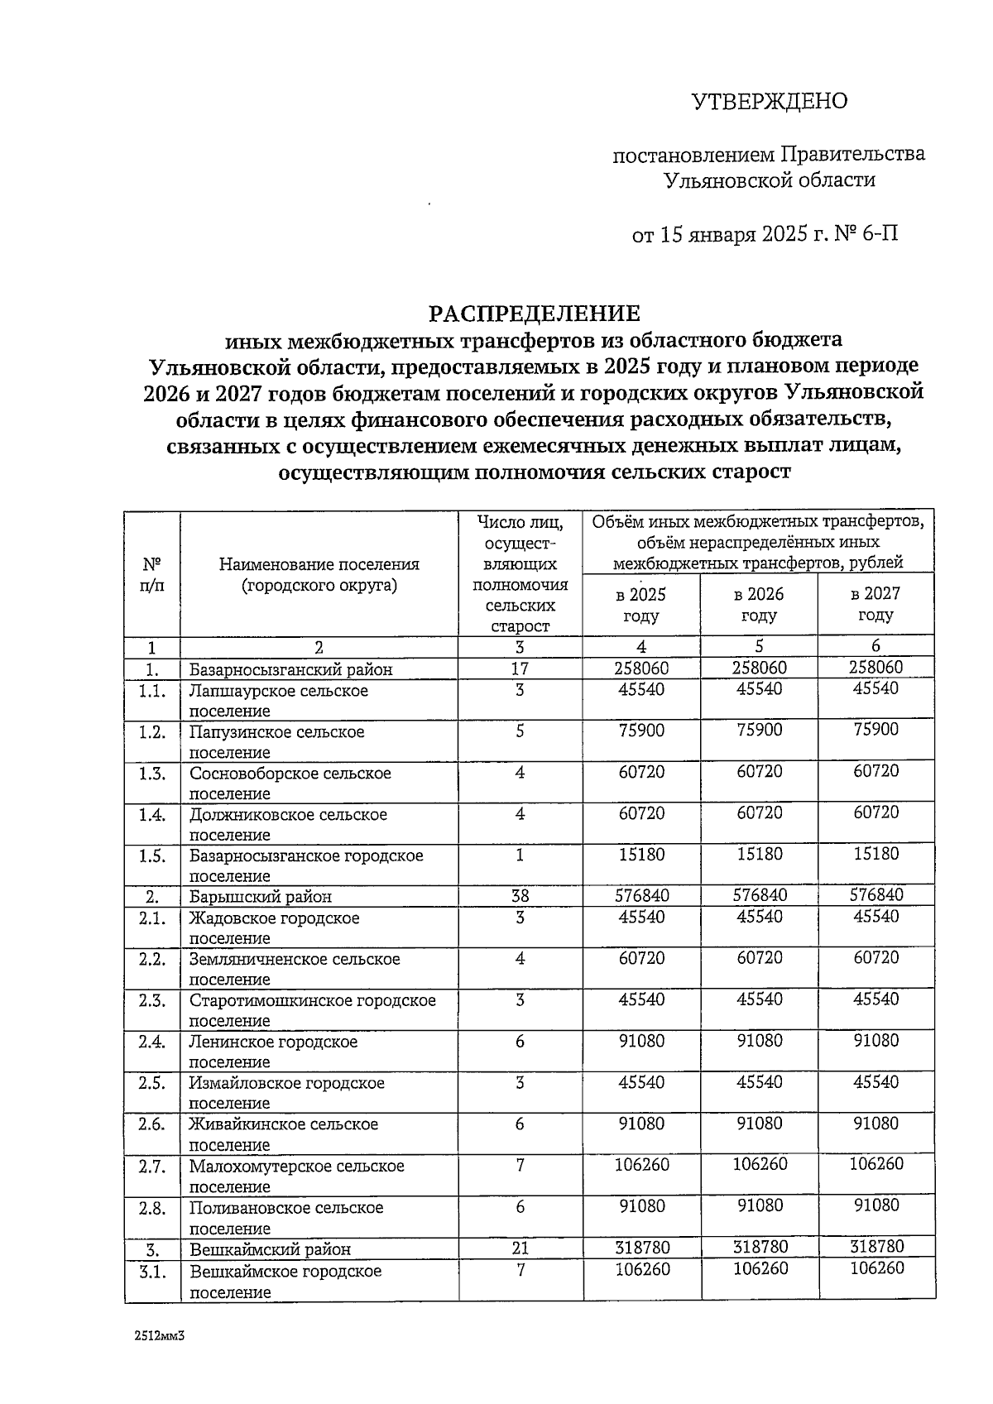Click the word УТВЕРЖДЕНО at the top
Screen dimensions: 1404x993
[770, 102]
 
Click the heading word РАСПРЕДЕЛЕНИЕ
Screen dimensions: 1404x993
[534, 314]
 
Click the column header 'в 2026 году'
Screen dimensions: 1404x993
[759, 605]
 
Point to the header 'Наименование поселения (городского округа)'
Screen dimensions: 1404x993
[319, 574]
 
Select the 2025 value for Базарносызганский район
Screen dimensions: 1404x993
[641, 668]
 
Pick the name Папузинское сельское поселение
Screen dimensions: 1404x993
[276, 742]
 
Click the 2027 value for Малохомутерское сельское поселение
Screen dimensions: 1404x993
[876, 1165]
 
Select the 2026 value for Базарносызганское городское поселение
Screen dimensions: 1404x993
[759, 854]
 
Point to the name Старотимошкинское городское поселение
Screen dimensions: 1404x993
[312, 1010]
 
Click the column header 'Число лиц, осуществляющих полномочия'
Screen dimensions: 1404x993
[520, 574]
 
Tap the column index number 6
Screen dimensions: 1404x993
[876, 647]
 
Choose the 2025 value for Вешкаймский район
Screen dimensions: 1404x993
[641, 1247]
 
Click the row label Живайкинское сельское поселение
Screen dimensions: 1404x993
[283, 1134]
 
